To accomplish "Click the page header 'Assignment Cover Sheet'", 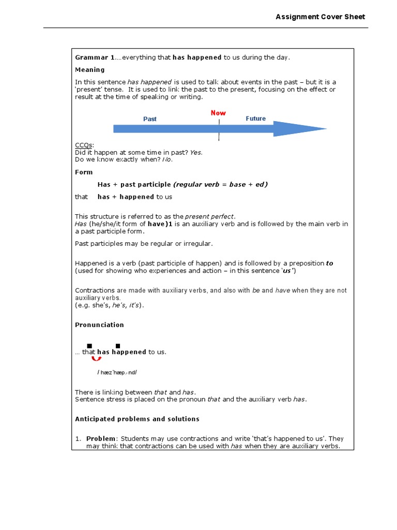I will coord(320,17).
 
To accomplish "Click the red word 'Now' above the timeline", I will coord(218,113).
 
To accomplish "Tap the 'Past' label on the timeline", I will coord(150,119).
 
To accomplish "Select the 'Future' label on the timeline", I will coord(255,119).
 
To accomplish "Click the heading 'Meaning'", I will coord(90,70).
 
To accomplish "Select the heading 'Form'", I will coord(84,172).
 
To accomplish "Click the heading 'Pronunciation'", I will coord(99,325).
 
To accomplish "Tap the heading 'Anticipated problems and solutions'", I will coord(137,419).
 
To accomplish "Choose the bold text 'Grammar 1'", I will coord(95,57).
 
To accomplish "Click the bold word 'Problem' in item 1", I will coord(101,439).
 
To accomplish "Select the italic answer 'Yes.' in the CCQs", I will coord(196,153).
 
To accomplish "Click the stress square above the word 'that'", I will coord(89,346).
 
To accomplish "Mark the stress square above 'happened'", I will coord(118,346).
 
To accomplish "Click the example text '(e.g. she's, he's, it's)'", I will coord(110,305).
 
